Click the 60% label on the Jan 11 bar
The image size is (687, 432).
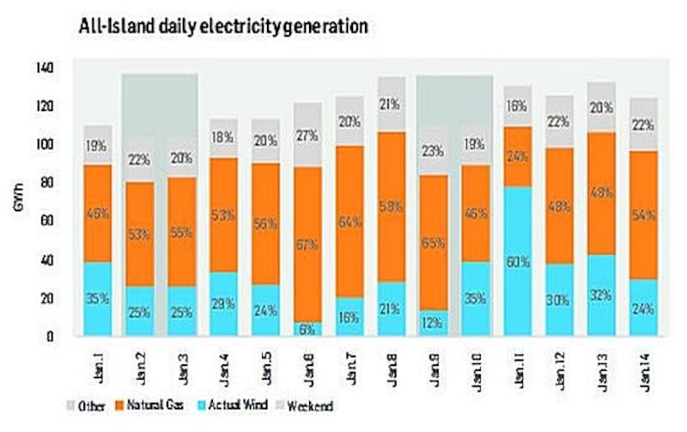click(518, 262)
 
